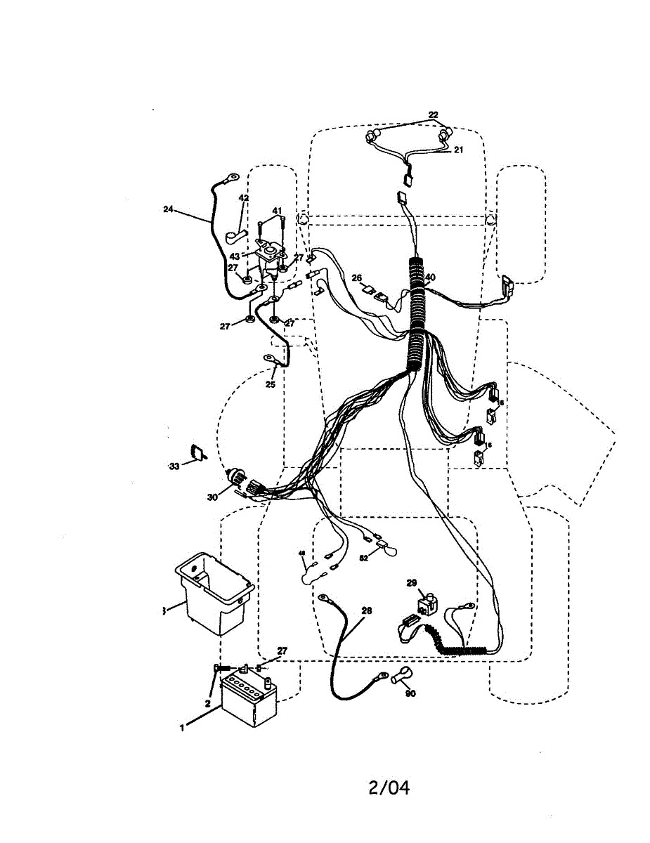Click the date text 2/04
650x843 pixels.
click(x=389, y=788)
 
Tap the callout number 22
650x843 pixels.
click(x=433, y=115)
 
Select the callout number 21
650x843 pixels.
click(x=458, y=150)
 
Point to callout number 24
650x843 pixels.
click(x=167, y=209)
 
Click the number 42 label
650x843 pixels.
click(x=244, y=198)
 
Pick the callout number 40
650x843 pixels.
click(x=430, y=277)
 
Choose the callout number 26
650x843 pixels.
click(x=356, y=277)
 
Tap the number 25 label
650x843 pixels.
click(x=271, y=384)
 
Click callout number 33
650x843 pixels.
click(x=174, y=465)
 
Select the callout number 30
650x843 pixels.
click(x=212, y=497)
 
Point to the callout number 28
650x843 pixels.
click(x=366, y=610)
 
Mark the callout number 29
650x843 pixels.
click(x=412, y=582)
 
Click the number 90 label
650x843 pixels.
click(x=410, y=693)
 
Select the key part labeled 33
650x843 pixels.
click(x=199, y=453)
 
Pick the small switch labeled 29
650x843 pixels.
click(x=427, y=602)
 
